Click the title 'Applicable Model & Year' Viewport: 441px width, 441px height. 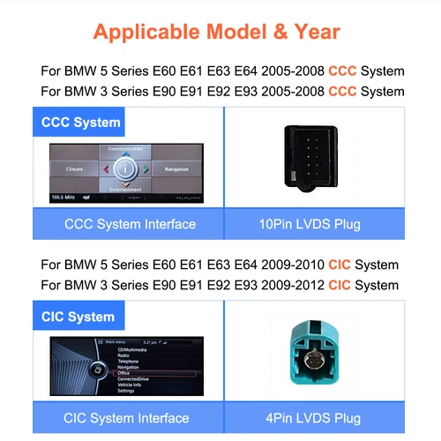coord(216,34)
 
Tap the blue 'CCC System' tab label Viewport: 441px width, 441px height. coord(80,122)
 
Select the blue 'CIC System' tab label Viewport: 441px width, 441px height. coord(78,316)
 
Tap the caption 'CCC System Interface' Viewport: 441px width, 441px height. coord(131,224)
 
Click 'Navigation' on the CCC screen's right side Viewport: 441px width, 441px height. coord(176,168)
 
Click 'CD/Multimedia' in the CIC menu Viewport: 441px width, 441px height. coord(134,350)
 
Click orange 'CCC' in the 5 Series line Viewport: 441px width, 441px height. coord(341,71)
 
